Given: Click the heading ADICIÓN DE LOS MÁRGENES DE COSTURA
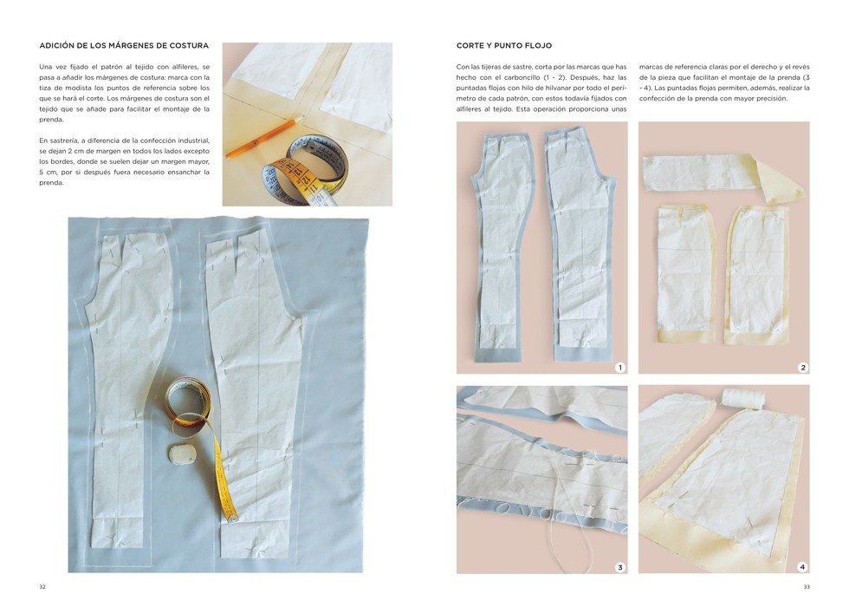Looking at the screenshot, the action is [x=124, y=45].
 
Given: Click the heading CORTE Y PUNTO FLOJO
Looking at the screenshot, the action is [x=504, y=45].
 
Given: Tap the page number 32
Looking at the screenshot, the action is [x=42, y=587].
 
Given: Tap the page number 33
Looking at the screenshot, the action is [x=807, y=587].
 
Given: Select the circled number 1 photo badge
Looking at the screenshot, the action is [x=620, y=368].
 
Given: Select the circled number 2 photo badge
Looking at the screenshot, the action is [x=803, y=368].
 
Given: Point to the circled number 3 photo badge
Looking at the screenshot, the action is [x=620, y=567].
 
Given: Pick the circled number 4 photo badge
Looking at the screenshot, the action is [x=802, y=567].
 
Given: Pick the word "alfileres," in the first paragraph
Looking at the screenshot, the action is [x=173, y=67].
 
